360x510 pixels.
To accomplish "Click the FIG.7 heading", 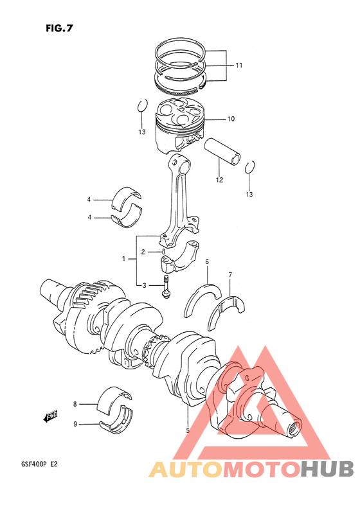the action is [59, 28].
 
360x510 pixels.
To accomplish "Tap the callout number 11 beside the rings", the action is [239, 66].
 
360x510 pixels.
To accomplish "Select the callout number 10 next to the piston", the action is [231, 119].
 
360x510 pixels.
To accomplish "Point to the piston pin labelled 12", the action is [222, 152].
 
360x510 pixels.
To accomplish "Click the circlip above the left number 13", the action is [142, 105].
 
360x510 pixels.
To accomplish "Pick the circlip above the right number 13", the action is [250, 167].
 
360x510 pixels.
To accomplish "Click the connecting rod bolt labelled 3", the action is [166, 286].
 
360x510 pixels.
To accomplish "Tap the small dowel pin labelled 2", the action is [163, 251].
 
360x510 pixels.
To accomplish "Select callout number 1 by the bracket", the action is [123, 259].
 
